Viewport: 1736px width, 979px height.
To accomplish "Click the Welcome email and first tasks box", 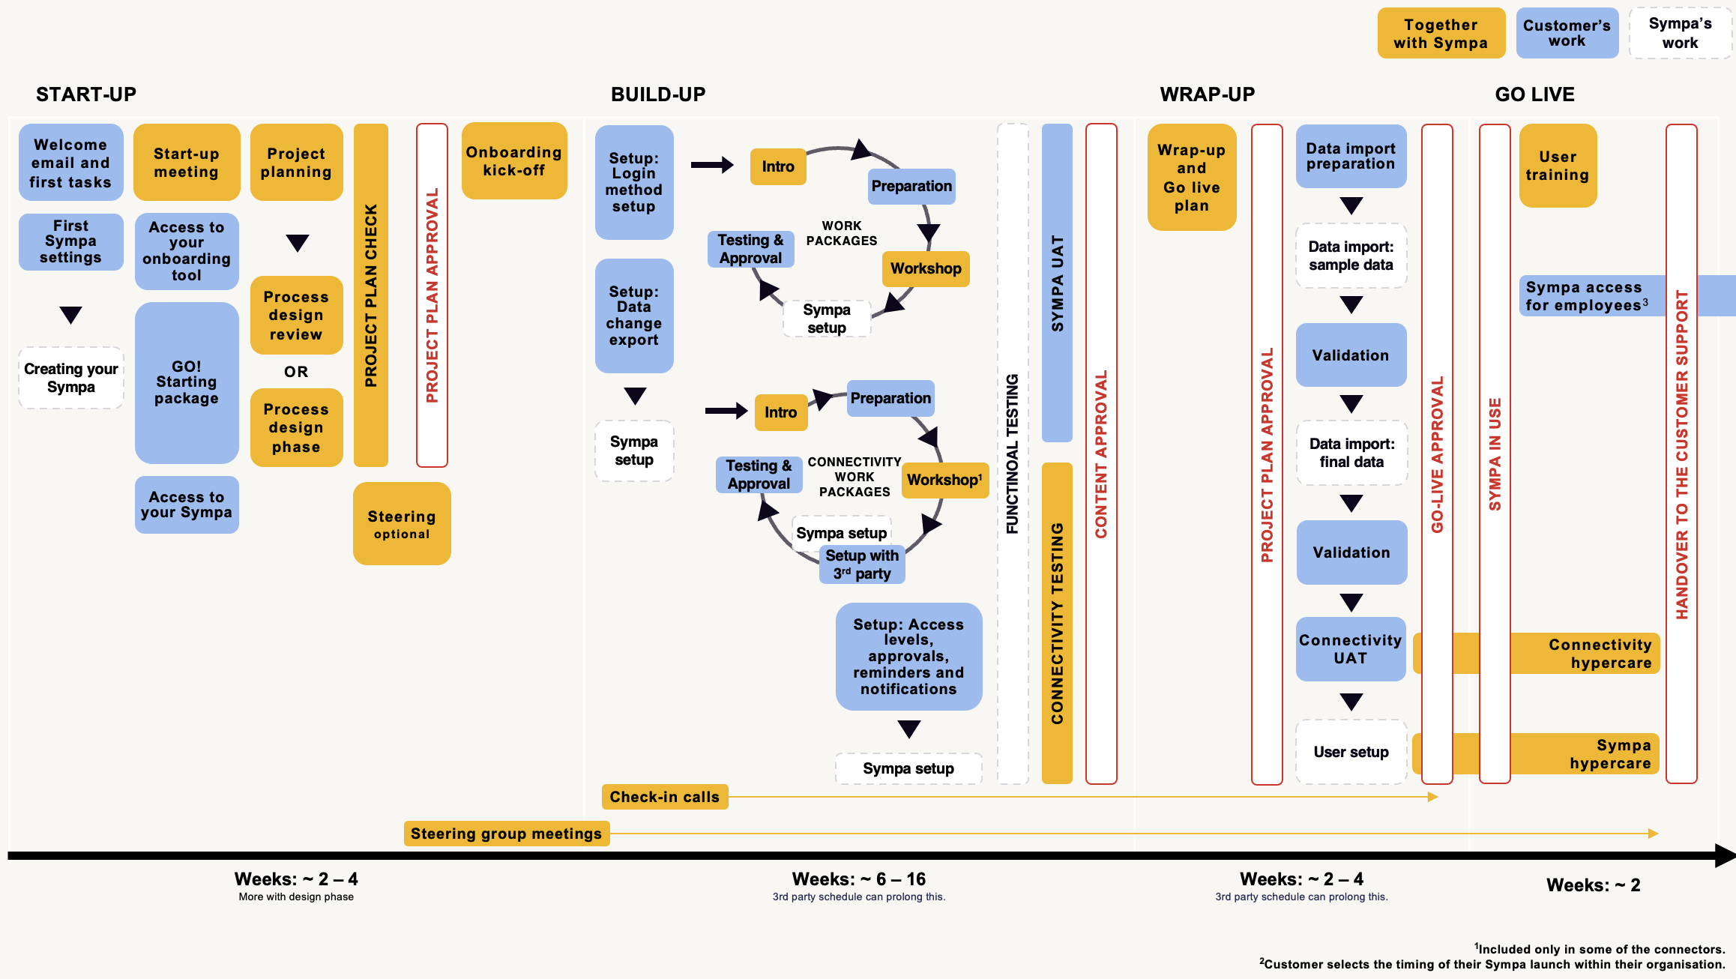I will click(x=70, y=163).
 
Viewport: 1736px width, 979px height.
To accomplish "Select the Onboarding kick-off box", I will click(x=513, y=161).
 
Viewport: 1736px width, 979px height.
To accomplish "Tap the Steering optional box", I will click(x=402, y=524).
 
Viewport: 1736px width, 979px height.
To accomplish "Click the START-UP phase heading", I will click(x=86, y=94).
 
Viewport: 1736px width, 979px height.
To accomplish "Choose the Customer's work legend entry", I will click(x=1567, y=33).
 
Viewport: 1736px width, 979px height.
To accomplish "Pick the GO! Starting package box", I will click(x=187, y=382).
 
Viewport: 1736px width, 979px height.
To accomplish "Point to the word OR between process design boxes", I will click(x=296, y=372).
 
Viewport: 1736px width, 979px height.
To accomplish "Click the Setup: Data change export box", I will click(x=634, y=316).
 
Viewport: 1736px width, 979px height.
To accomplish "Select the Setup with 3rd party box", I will click(x=862, y=564).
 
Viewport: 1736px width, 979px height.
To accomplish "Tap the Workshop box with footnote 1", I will click(x=944, y=480).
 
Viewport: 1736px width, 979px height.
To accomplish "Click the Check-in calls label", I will click(x=664, y=797).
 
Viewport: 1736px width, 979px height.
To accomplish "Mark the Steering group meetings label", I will click(x=506, y=834).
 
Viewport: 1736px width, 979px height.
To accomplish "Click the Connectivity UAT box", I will click(x=1351, y=649).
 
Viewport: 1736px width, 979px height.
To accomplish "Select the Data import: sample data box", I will click(x=1351, y=256).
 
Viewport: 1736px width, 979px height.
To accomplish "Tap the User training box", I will click(x=1558, y=166).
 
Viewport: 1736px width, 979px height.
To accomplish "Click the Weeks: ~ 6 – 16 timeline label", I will click(x=859, y=879).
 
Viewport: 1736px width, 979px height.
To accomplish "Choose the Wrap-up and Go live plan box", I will click(x=1191, y=178).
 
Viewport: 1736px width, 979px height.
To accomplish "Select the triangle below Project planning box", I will click(x=298, y=243).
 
